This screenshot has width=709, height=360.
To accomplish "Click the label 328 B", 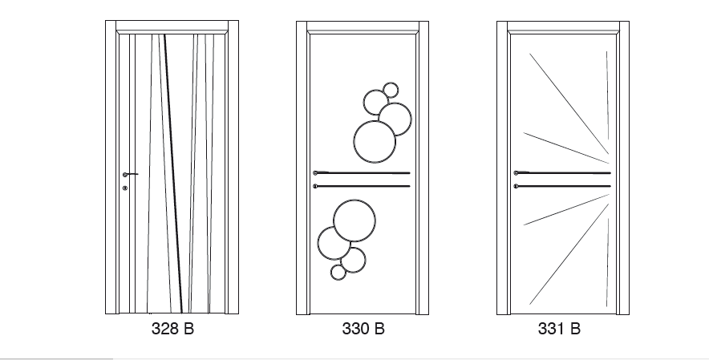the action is [x=172, y=329].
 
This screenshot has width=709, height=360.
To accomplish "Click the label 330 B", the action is [x=363, y=329].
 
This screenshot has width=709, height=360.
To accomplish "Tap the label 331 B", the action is [x=559, y=329].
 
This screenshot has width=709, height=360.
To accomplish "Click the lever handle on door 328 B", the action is [x=130, y=174].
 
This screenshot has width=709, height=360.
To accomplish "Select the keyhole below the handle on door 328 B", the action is [x=125, y=188].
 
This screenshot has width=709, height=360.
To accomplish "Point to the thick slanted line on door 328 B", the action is [x=173, y=174].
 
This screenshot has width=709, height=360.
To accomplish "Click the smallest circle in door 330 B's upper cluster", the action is [x=391, y=90].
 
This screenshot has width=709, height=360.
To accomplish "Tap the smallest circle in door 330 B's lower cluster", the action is [x=338, y=273].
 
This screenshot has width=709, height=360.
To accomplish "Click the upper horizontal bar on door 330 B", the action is [x=362, y=172].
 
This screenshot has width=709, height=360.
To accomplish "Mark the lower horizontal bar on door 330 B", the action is [x=362, y=186].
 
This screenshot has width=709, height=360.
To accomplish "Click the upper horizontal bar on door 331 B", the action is [x=562, y=172].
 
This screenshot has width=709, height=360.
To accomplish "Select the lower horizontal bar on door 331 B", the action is [x=562, y=186].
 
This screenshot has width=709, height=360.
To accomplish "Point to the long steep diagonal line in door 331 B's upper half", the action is [x=569, y=104].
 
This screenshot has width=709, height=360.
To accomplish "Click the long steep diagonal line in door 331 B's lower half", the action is [x=569, y=253].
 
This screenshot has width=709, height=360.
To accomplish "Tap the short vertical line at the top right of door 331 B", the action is [x=607, y=95].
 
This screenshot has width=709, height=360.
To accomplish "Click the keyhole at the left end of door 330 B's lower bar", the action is [x=315, y=186].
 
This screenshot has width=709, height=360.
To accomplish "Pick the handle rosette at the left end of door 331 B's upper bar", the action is [x=516, y=172].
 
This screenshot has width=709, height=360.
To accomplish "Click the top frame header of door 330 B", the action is [x=363, y=27].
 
